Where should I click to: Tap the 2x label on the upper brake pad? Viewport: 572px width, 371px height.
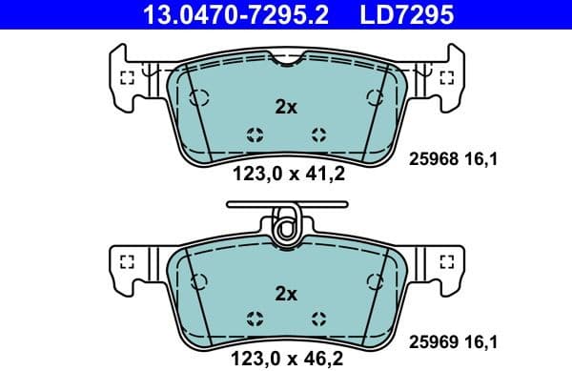[286, 108]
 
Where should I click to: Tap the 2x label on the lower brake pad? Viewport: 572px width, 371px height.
[286, 293]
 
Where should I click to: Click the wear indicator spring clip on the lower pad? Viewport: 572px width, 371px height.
[283, 226]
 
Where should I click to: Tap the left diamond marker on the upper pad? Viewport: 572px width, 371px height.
[254, 134]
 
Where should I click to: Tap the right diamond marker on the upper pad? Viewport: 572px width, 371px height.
[318, 134]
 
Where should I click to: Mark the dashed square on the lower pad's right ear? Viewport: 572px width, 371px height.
[445, 261]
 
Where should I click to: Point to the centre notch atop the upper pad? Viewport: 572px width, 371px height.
[286, 62]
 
